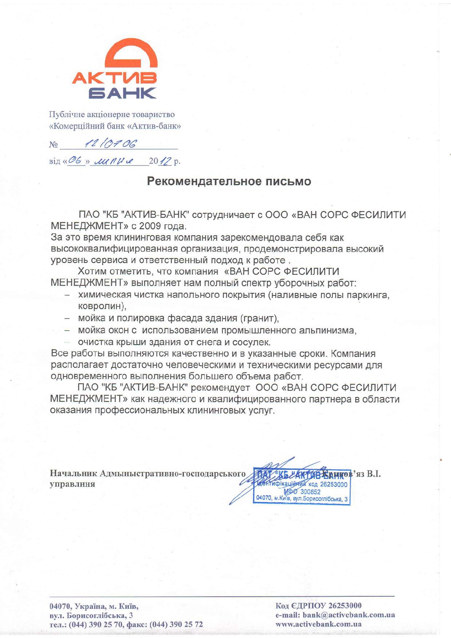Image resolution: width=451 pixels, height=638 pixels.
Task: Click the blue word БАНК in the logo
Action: click(x=122, y=93)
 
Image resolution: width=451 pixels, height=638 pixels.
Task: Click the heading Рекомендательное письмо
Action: click(x=229, y=181)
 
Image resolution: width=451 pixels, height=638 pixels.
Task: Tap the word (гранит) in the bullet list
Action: click(x=259, y=317)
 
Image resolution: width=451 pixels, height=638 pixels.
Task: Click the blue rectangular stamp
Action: click(x=302, y=486)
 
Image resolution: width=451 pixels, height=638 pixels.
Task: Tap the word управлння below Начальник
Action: click(x=72, y=484)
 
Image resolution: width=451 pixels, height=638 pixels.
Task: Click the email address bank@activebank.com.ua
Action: click(x=349, y=615)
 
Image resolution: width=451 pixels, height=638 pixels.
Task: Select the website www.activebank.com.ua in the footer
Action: click(x=318, y=624)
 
